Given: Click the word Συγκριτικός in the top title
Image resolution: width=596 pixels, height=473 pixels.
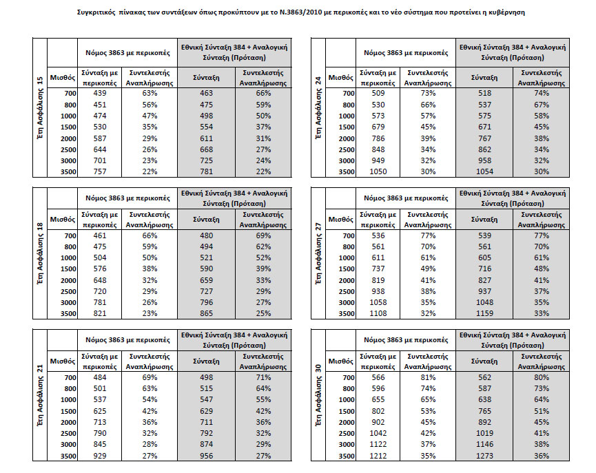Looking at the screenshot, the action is [x=94, y=12].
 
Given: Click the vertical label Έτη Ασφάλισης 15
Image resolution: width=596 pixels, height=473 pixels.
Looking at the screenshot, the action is [x=40, y=108].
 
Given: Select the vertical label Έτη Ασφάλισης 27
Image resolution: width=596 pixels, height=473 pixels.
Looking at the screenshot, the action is [x=318, y=253].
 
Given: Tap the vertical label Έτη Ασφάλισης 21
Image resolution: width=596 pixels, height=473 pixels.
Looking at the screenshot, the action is [x=40, y=395].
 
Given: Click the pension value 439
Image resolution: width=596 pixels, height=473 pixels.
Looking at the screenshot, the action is [x=100, y=93].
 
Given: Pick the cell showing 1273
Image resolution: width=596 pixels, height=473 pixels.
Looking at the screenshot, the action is [x=484, y=456].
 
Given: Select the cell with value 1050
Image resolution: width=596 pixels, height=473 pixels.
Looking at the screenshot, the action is [x=378, y=171].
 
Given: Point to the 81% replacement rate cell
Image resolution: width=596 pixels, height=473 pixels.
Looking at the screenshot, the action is [x=428, y=377].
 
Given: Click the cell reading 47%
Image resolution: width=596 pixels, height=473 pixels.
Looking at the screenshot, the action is [x=150, y=116].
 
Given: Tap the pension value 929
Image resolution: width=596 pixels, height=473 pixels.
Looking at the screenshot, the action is [x=100, y=456].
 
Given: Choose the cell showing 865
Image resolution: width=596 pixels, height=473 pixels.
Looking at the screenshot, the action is [x=207, y=314].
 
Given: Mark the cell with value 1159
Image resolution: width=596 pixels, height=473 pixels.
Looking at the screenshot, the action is [x=484, y=314].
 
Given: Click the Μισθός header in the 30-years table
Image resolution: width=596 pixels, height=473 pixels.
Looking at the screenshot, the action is [x=340, y=361].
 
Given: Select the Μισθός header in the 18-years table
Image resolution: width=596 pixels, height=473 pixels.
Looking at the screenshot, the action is [x=62, y=220].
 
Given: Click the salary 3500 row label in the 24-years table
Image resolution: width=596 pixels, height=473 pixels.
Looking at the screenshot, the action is [x=347, y=172].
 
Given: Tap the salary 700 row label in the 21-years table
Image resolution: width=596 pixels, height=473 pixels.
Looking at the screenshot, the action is [x=70, y=378].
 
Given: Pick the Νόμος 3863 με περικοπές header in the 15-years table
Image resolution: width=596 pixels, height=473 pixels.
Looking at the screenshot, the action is [x=127, y=53].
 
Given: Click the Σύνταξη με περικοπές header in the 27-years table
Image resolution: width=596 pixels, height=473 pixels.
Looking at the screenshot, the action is [x=378, y=220].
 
